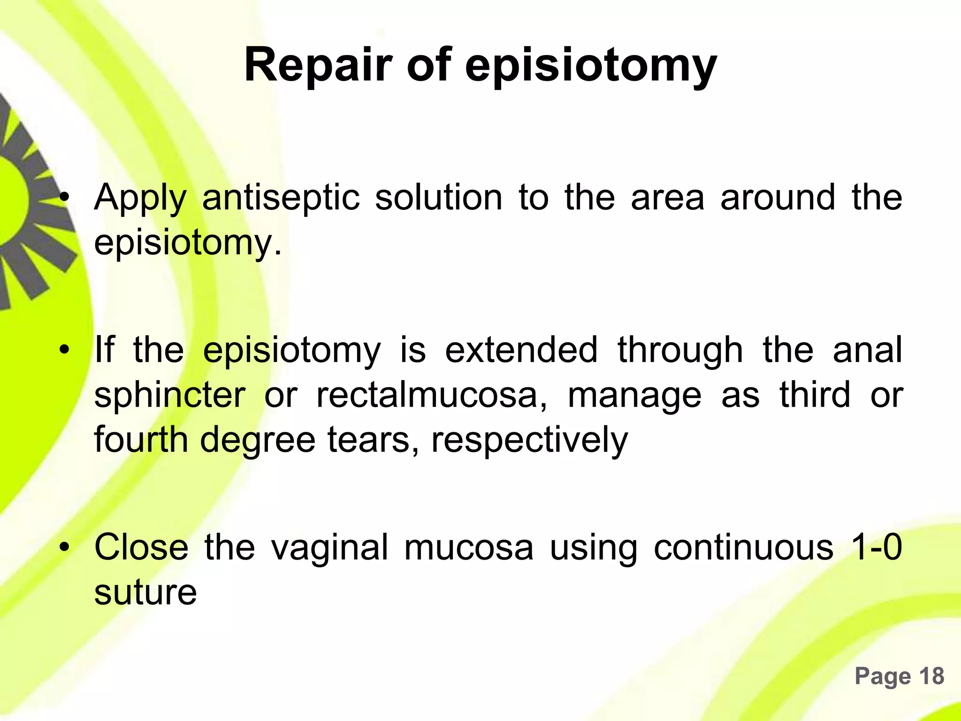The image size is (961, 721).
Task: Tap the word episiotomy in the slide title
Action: pos(591,67)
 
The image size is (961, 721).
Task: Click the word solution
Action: pos(438,197)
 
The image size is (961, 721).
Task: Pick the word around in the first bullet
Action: pos(778,197)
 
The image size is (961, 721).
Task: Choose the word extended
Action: pos(521,350)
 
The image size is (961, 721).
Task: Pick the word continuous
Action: pos(743,547)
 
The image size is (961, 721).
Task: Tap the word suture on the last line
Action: pos(145,592)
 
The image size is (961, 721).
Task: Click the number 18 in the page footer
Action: pos(931,676)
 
